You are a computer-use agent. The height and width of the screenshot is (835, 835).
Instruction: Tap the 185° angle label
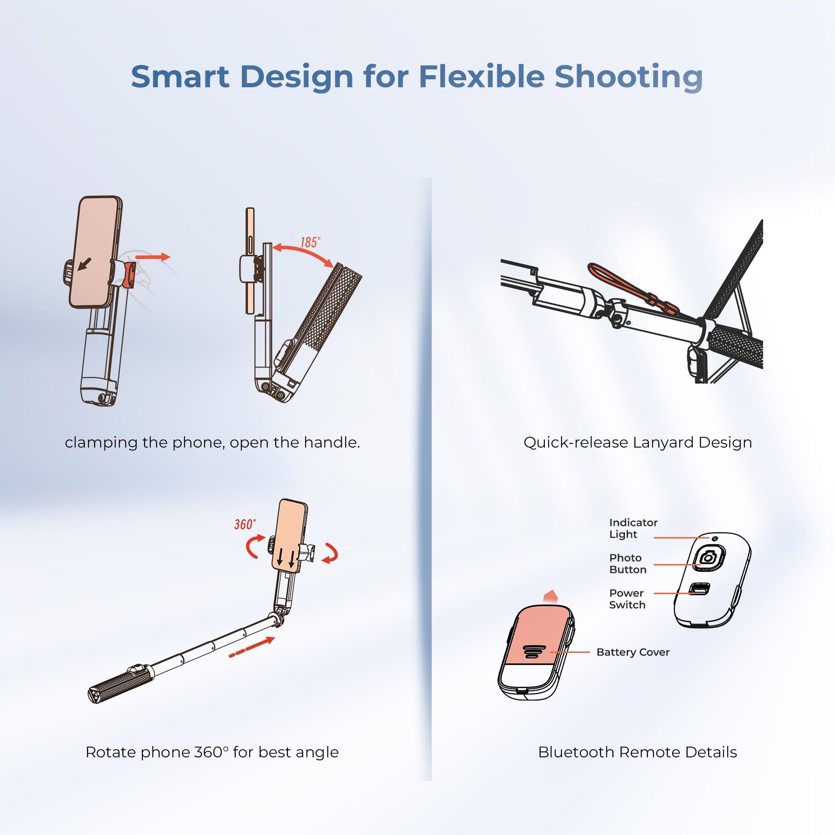click(310, 243)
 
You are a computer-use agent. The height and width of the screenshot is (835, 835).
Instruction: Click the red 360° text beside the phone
click(245, 525)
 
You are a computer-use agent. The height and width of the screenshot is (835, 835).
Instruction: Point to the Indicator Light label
click(633, 528)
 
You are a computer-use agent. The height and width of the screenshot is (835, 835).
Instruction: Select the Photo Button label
click(628, 564)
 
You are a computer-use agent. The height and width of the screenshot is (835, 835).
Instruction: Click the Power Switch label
click(627, 599)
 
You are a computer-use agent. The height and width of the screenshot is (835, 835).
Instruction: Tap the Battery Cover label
click(633, 652)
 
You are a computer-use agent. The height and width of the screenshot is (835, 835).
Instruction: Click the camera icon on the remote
click(708, 558)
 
